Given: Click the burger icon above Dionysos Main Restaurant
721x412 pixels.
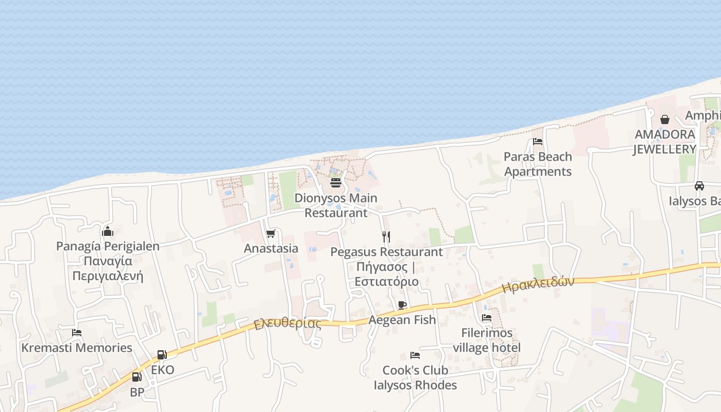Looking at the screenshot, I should click(336, 183).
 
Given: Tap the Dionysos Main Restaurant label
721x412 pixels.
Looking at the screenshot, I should click(336, 205).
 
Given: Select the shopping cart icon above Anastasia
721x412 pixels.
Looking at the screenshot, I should click(270, 234).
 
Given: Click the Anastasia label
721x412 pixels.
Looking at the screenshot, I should click(271, 248).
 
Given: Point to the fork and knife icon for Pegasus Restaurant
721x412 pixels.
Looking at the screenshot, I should click(386, 237).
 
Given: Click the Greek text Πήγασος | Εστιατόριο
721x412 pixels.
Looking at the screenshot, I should click(386, 274).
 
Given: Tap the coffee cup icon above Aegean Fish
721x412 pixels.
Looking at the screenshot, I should click(402, 305).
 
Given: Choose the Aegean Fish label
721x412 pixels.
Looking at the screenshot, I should click(402, 320).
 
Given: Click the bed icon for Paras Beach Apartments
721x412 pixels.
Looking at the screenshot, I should click(538, 142).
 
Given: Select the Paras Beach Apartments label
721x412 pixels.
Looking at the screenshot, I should click(538, 164).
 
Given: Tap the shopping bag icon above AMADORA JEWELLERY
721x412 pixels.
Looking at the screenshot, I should click(665, 119).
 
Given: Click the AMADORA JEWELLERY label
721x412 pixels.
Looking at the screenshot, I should click(664, 142).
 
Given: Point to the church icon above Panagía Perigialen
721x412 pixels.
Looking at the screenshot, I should click(108, 231).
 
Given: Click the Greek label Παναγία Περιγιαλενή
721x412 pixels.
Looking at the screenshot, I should click(108, 268).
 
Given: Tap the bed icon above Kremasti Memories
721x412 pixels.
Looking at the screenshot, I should click(77, 333).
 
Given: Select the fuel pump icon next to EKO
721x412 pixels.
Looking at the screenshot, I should click(162, 355).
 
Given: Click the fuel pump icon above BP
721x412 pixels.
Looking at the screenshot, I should click(136, 377).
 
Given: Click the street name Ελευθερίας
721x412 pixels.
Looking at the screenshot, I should click(287, 324).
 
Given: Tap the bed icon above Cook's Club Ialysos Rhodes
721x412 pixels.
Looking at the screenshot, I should click(415, 355).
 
